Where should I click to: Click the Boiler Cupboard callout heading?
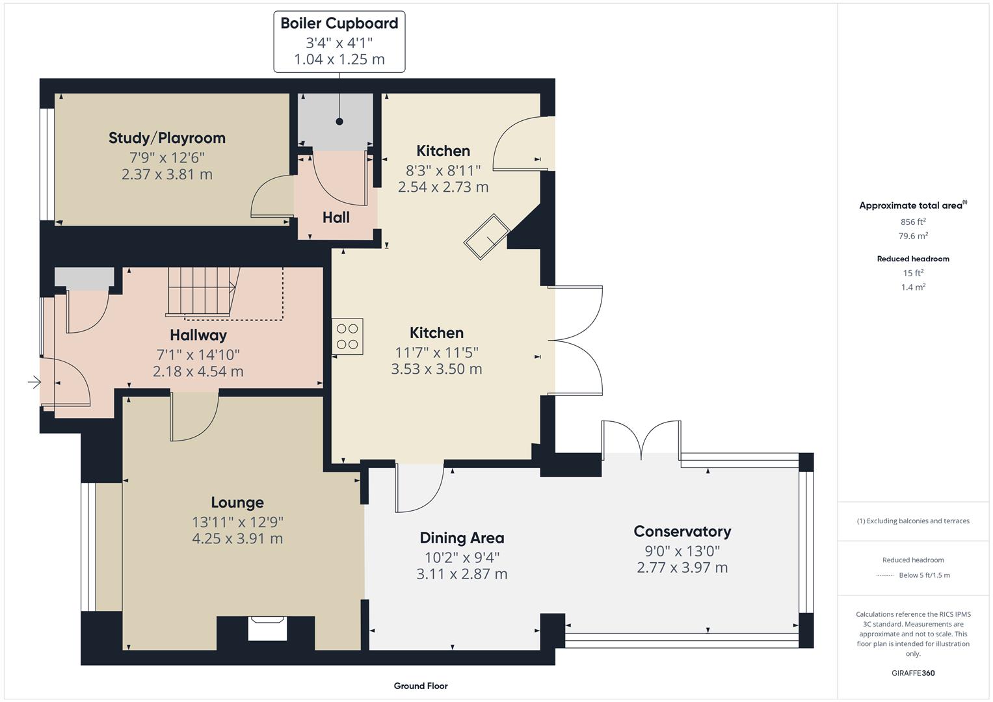(339, 23)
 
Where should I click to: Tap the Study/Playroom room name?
(167, 138)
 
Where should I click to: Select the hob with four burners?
(347, 337)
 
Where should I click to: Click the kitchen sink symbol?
(486, 237)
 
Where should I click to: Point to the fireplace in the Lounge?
(267, 628)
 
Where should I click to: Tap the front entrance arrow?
(34, 383)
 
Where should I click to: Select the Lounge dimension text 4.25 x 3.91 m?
(237, 538)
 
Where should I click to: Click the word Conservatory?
(682, 531)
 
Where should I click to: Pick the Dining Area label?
(462, 538)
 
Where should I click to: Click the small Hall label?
(336, 217)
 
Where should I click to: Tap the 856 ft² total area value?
(913, 222)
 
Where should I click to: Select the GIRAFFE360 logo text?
(913, 673)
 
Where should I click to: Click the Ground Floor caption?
(421, 686)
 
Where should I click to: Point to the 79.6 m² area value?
(913, 236)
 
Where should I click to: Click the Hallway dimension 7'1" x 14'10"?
(198, 354)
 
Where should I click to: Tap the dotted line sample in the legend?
(885, 575)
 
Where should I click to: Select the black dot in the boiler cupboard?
(339, 122)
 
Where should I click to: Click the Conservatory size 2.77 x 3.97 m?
(682, 567)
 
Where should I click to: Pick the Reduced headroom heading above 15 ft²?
(913, 259)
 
